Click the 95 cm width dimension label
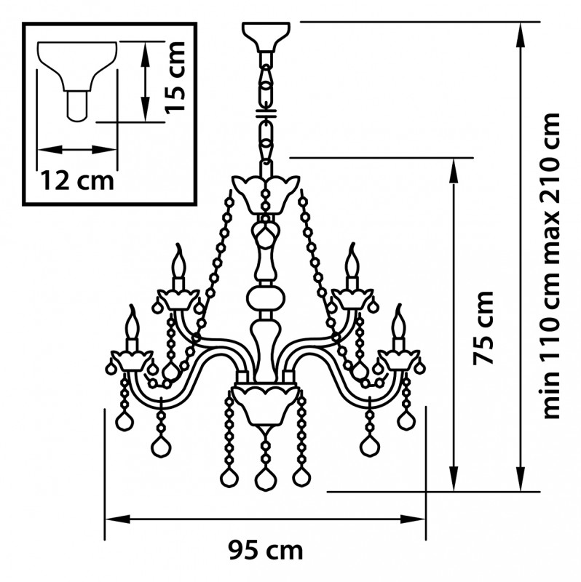[265, 551]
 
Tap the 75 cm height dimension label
[483, 328]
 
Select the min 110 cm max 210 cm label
[551, 266]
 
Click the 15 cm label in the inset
[175, 77]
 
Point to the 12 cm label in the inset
[77, 180]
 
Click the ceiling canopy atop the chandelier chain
[266, 36]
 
